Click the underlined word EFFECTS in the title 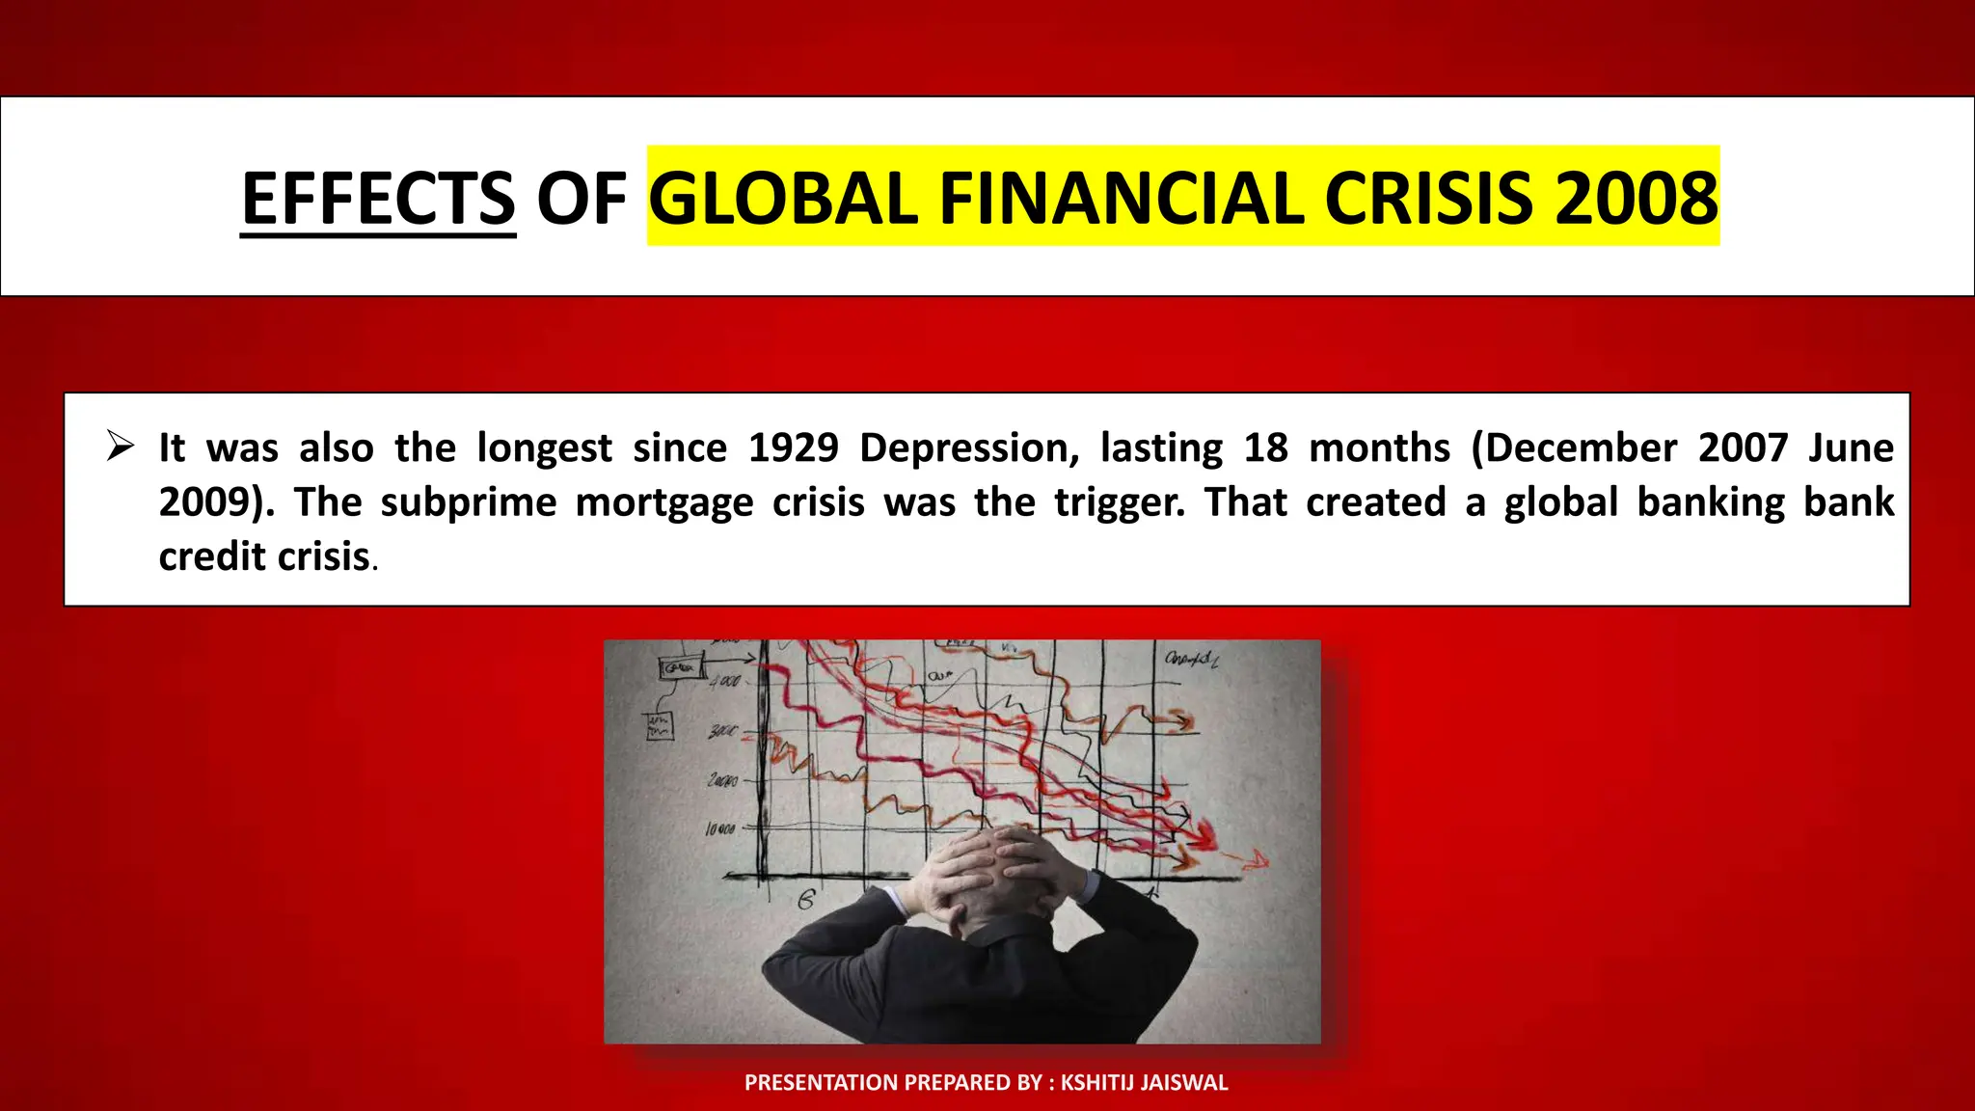click(378, 199)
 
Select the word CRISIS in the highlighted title click(1427, 199)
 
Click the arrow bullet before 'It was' click(121, 447)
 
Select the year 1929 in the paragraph click(793, 448)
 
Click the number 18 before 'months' click(1265, 448)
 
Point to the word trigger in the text click(1119, 503)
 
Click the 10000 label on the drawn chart click(720, 828)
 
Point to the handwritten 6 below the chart click(806, 901)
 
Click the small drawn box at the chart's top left click(680, 667)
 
